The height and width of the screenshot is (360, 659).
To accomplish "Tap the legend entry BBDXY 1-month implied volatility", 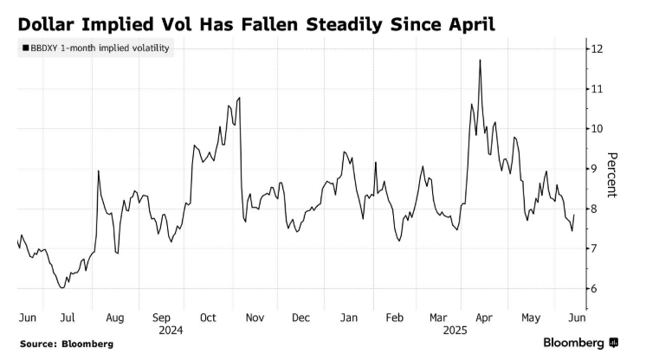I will (x=94, y=49).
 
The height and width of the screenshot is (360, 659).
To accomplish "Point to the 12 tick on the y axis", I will (x=597, y=48).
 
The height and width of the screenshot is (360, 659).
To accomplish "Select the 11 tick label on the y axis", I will (x=596, y=88).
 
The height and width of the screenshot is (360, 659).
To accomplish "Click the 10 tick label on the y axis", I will (x=596, y=128).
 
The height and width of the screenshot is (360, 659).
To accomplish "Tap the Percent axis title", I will (x=611, y=174).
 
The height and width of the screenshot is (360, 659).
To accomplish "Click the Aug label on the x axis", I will (x=115, y=318).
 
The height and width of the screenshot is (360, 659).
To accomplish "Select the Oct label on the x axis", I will (x=209, y=318).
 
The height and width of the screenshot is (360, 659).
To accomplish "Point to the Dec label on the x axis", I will (x=301, y=318).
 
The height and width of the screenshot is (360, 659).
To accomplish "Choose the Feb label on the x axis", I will (x=395, y=318).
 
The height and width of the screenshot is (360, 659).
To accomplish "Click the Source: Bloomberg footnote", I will (x=67, y=344).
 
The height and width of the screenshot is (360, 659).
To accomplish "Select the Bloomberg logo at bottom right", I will (x=579, y=343).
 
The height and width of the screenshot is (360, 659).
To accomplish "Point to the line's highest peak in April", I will (x=480, y=60).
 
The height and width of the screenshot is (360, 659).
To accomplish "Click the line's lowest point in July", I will (x=61, y=287).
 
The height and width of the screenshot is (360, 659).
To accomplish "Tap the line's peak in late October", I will (x=238, y=98).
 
